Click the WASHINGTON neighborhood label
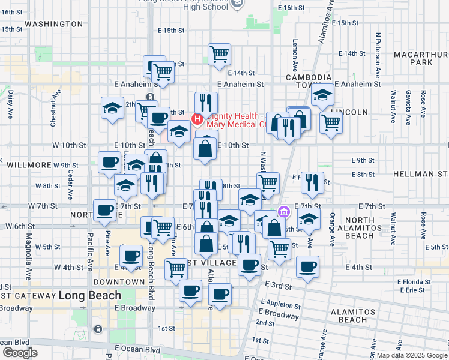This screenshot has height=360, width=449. [x=54, y=24]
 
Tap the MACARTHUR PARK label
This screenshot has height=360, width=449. [x=421, y=58]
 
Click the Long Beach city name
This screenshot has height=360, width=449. [x=89, y=296]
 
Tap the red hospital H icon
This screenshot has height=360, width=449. [x=196, y=120]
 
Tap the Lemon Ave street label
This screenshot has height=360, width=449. [x=295, y=55]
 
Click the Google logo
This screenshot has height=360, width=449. [x=20, y=353]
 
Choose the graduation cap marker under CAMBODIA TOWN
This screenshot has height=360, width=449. [x=323, y=95]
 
